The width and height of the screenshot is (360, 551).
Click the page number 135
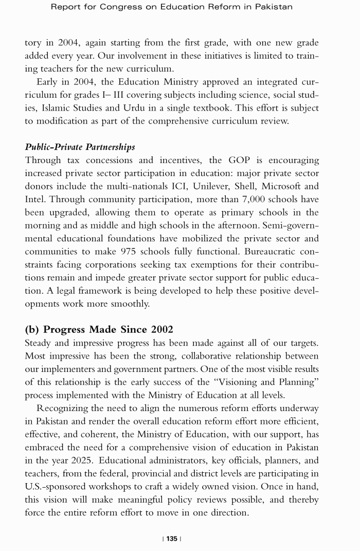[x=172, y=538]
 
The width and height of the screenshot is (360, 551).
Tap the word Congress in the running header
[x=131, y=7]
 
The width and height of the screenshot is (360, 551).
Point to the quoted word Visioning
[x=232, y=382]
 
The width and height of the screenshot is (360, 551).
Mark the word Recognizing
[x=64, y=408]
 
